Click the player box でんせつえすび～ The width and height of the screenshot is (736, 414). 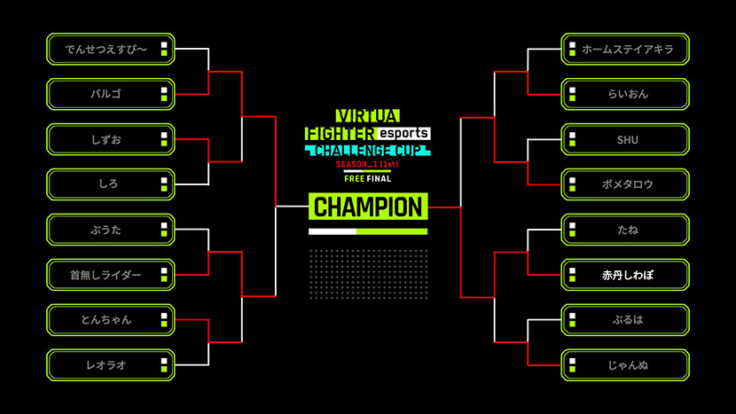tap(110, 49)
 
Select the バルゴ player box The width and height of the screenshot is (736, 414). tap(110, 94)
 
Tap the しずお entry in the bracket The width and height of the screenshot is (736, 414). tap(110, 139)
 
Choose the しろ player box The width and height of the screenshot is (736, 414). tap(110, 184)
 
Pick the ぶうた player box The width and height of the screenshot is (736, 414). tap(110, 230)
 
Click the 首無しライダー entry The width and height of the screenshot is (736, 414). tap(110, 275)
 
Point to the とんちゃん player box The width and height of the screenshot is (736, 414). tap(110, 320)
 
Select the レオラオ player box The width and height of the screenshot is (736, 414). tap(110, 365)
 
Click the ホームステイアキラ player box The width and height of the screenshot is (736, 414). tap(625, 49)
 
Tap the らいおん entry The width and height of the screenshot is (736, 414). tap(625, 94)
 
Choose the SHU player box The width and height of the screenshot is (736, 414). tap(625, 139)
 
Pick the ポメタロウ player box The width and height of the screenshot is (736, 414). tap(625, 184)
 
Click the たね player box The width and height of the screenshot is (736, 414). tap(625, 230)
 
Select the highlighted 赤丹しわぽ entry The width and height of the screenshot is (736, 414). tap(625, 275)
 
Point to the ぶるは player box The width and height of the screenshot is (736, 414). tap(625, 320)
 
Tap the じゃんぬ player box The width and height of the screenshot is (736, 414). tap(625, 365)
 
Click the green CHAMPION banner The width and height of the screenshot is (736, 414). tap(368, 207)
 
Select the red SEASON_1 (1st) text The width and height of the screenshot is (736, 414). tap(367, 166)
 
